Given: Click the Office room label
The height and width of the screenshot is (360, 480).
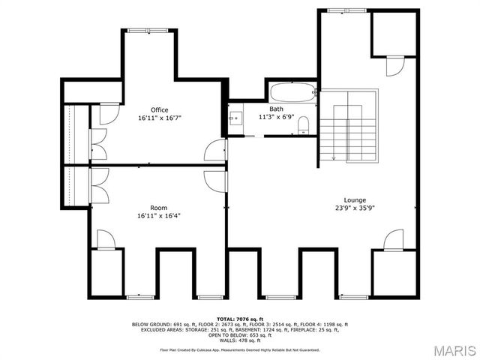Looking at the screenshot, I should click(159, 109).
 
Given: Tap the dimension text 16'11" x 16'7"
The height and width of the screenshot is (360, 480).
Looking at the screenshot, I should click(159, 118).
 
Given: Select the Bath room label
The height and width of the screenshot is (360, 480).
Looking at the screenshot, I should click(277, 109).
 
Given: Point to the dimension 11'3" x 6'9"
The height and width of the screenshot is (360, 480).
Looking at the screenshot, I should click(277, 117).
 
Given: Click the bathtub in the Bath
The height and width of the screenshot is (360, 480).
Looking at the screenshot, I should click(292, 93).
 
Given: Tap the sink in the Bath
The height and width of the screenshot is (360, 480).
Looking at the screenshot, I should click(236, 118).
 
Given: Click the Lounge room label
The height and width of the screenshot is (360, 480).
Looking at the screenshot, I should click(355, 200).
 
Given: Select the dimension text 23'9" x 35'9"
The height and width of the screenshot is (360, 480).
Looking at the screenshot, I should click(355, 208).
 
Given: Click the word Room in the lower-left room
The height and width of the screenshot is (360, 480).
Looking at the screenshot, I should click(158, 208).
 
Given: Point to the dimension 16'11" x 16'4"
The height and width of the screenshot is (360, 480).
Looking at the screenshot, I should click(158, 216).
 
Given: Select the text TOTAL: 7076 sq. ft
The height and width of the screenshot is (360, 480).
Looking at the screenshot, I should click(240, 319).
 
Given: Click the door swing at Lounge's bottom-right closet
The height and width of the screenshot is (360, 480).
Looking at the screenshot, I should click(392, 240).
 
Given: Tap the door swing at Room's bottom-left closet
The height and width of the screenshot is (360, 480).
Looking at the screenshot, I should click(106, 240).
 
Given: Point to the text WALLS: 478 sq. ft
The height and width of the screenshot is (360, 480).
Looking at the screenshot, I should click(240, 341).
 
